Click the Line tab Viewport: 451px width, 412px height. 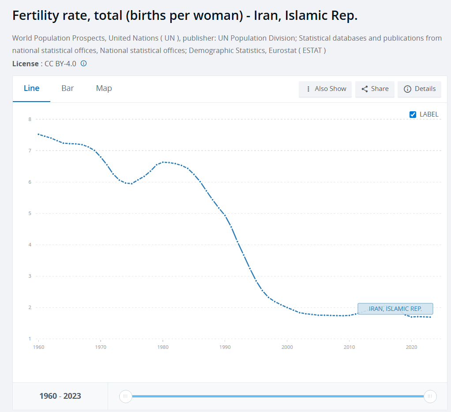coord(31,88)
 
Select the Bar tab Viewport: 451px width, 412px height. coord(68,88)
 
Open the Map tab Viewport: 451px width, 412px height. coord(104,88)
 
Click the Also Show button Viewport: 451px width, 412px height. coord(325,89)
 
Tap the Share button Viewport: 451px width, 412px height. coord(375,89)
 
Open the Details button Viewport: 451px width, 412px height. coord(420,89)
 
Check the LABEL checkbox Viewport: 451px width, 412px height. coord(413,114)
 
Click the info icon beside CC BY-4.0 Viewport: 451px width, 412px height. coord(83,64)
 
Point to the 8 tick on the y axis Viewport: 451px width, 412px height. coord(30,119)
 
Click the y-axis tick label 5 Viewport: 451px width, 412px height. coord(30,213)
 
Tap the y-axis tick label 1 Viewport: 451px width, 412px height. coord(30,339)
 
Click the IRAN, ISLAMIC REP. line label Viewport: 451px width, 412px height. coord(395,309)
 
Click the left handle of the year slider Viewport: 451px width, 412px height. coord(125,396)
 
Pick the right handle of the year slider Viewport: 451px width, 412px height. coord(430,396)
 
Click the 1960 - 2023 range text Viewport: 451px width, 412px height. coord(60,396)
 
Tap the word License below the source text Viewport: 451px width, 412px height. coord(25,64)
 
